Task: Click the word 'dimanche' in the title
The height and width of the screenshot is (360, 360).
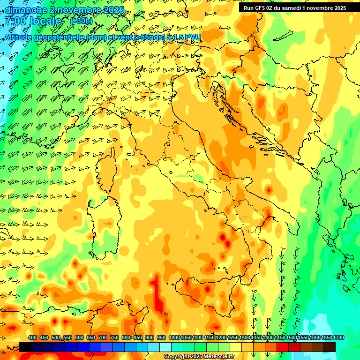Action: point(25,10)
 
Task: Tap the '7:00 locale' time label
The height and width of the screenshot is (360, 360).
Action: point(33,22)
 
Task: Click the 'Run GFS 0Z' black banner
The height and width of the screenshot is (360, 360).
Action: point(295,7)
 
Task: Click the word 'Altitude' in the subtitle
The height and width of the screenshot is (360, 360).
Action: point(22,37)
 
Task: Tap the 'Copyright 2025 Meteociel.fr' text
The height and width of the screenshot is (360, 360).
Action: point(199,357)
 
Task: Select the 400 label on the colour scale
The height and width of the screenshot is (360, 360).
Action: point(32,338)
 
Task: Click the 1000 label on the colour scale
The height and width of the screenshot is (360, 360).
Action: point(174,338)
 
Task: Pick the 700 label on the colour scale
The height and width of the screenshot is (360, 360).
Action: point(103,338)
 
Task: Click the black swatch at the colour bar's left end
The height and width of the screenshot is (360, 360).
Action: point(25,347)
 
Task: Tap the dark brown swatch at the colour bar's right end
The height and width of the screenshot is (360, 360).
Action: point(330,347)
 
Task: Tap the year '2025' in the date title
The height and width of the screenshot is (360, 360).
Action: point(113,10)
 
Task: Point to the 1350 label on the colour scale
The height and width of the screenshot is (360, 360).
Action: point(256,338)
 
